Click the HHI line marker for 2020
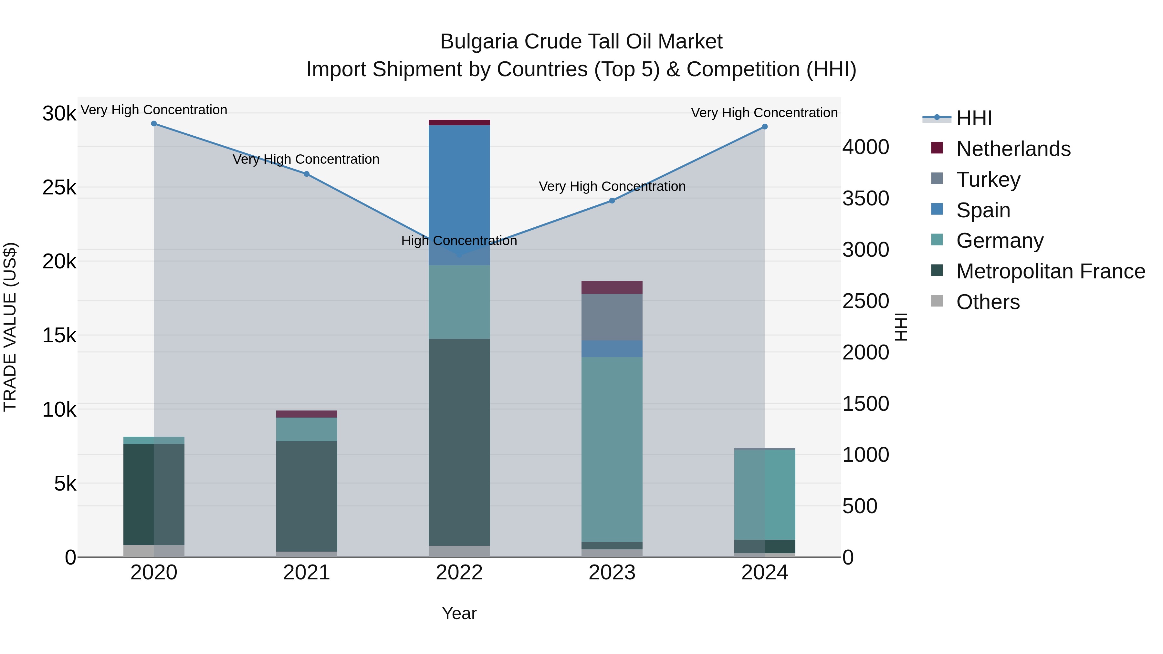click(x=154, y=124)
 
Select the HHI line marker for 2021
click(x=307, y=174)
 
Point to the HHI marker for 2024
click(x=765, y=127)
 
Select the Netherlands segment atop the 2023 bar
click(x=612, y=287)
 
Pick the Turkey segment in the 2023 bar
click(x=612, y=317)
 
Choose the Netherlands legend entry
click(x=1013, y=149)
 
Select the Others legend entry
click(x=988, y=302)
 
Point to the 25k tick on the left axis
click(x=59, y=188)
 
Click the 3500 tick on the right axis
click(x=865, y=199)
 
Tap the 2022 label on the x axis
click(x=459, y=573)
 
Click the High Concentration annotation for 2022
click(x=459, y=241)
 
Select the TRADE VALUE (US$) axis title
click(x=10, y=327)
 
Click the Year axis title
click(x=459, y=613)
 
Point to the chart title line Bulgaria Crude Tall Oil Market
click(x=581, y=42)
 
